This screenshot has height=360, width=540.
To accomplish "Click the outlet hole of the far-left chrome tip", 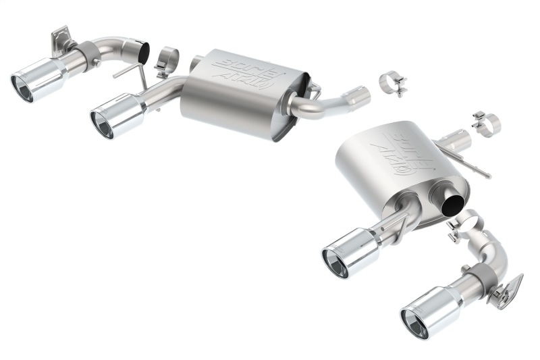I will tap(22, 89).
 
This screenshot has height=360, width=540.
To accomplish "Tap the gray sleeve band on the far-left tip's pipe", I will tap(86, 51).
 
